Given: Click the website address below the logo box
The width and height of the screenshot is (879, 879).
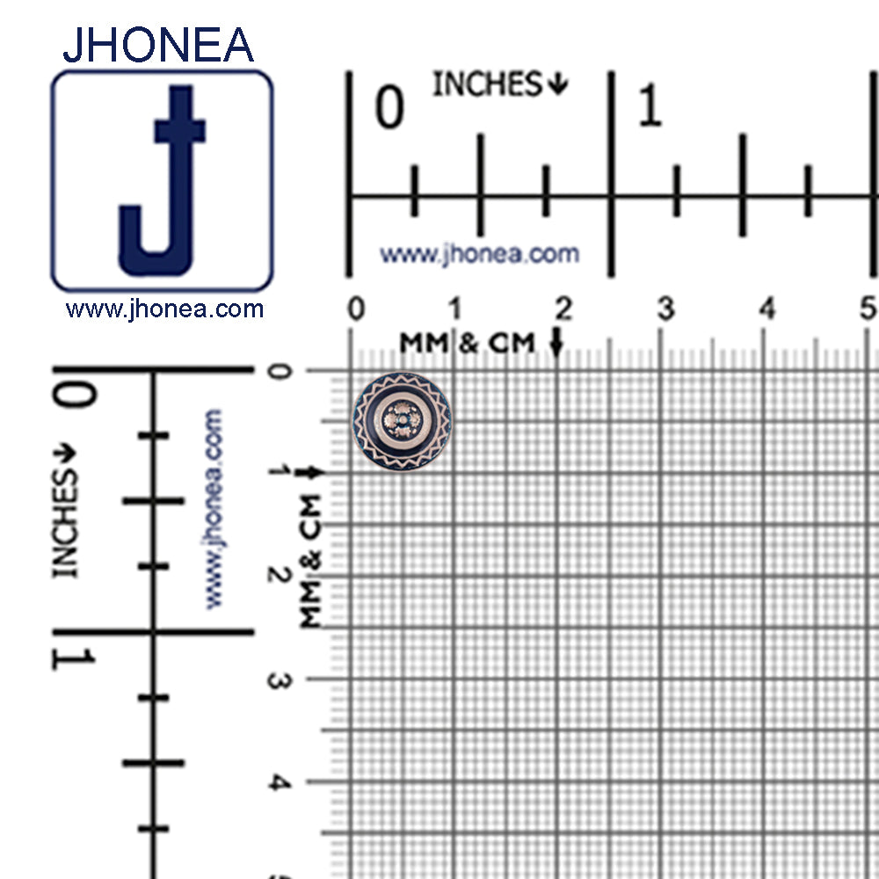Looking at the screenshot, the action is point(164,309).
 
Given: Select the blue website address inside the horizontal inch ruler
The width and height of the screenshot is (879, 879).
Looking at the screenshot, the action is point(479,255).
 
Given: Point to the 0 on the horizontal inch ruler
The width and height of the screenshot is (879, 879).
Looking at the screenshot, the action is point(389,106).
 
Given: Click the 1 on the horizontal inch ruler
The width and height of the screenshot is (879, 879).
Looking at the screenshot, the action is point(650,105).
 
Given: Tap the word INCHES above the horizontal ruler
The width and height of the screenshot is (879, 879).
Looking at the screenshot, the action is point(487,84).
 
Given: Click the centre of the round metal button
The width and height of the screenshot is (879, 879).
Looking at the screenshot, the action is point(402,420).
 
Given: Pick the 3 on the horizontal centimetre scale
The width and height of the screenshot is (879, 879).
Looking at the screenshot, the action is point(665,309).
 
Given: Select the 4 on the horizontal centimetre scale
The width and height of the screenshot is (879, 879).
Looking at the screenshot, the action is point(766,309).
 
